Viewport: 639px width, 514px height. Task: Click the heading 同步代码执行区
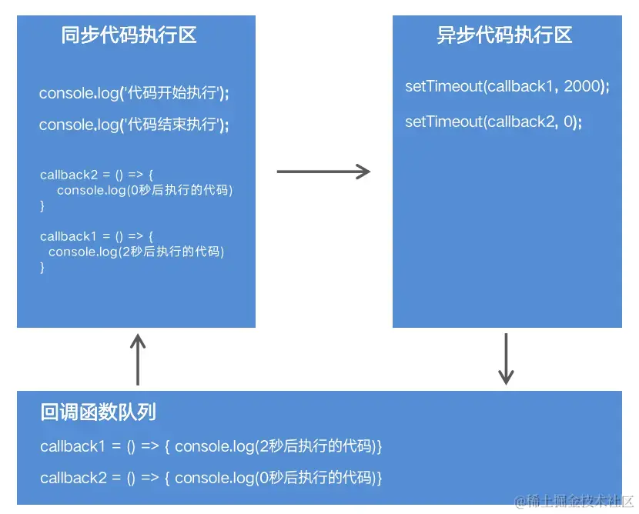tap(129, 35)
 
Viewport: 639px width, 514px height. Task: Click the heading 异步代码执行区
tap(504, 35)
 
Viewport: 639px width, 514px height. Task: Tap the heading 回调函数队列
tap(98, 412)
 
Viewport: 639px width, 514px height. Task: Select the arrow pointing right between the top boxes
tap(323, 172)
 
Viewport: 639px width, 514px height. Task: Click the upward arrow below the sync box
tap(138, 359)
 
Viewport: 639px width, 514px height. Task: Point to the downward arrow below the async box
tap(506, 359)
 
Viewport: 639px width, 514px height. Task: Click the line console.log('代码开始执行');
tap(134, 94)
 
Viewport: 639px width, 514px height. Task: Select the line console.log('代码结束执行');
tap(134, 125)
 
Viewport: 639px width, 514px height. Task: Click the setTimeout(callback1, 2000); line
tap(507, 86)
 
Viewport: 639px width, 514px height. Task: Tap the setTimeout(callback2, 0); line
tap(493, 122)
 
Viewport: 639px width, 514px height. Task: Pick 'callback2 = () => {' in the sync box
tap(97, 175)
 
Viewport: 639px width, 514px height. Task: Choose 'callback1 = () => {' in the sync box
tap(97, 236)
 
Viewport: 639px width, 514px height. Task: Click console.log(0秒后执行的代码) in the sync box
tap(145, 190)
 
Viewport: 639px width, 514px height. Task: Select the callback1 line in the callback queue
tap(211, 446)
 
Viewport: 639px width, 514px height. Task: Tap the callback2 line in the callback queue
tap(211, 478)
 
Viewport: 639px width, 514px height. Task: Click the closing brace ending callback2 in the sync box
tap(42, 205)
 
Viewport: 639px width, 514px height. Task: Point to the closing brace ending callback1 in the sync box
tap(42, 267)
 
